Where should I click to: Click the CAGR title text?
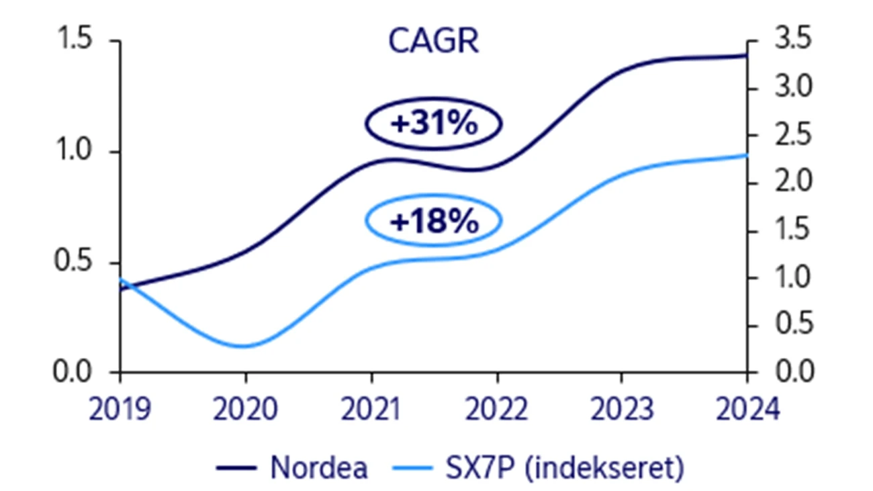coord(434,42)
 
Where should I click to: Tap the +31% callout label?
coord(434,124)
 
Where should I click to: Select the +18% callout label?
coord(434,222)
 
